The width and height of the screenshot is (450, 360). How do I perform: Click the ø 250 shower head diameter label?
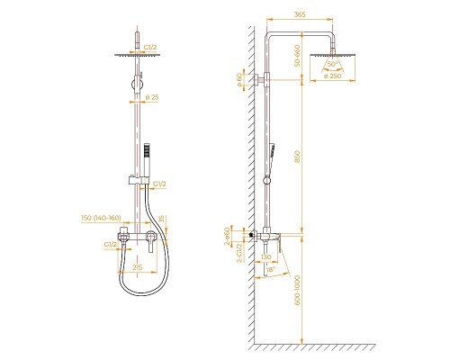click(x=333, y=77)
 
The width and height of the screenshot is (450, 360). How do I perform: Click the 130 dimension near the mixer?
click(x=266, y=256)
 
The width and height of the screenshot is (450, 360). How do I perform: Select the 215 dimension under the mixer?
click(x=137, y=267)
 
